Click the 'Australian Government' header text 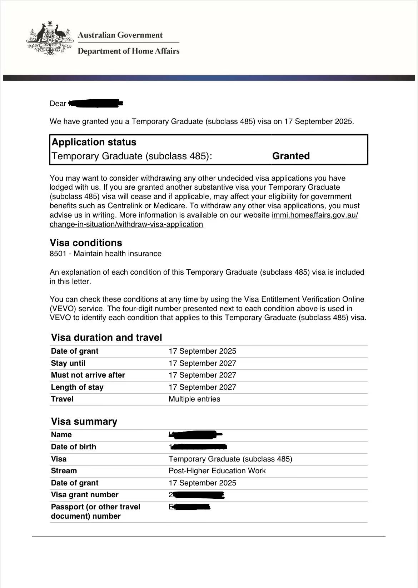click(120, 35)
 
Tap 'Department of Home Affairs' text click(129, 51)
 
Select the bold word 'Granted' click(291, 156)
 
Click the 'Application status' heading click(94, 142)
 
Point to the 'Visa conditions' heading click(86, 243)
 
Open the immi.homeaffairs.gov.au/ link click(315, 215)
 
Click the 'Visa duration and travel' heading click(106, 338)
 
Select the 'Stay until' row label click(68, 363)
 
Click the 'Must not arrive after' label click(88, 375)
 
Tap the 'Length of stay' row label click(77, 387)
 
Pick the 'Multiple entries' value click(194, 399)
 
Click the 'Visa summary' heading click(84, 422)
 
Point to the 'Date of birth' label click(74, 447)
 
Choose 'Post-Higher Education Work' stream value click(217, 471)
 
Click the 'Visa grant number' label click(85, 495)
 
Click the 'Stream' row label click(64, 471)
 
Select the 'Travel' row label click(62, 399)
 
